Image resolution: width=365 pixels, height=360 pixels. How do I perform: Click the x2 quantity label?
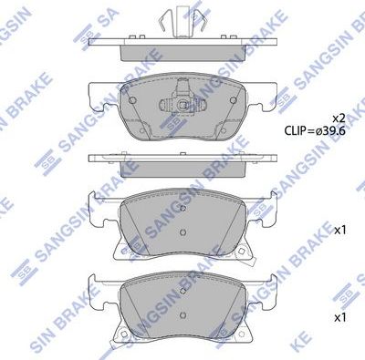click(x=339, y=118)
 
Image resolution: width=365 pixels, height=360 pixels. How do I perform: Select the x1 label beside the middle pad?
click(x=341, y=230)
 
